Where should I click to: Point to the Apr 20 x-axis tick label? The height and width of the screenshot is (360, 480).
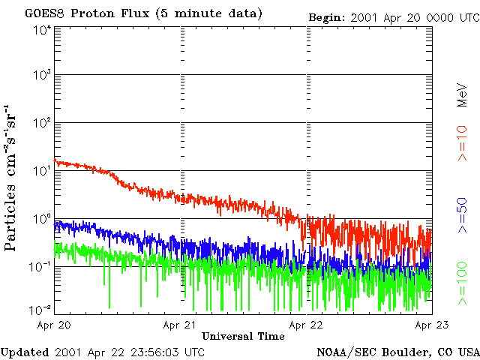pyautogui.click(x=55, y=325)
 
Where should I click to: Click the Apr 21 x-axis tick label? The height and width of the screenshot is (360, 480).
pyautogui.click(x=181, y=325)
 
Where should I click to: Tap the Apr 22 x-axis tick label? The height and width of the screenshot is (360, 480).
pyautogui.click(x=307, y=325)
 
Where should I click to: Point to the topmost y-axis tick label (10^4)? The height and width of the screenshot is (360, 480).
pyautogui.click(x=41, y=30)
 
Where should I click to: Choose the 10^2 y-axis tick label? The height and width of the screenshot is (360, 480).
pyautogui.click(x=41, y=124)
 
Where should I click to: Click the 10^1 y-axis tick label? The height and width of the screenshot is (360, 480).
pyautogui.click(x=41, y=172)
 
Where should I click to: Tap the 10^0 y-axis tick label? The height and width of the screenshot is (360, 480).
pyautogui.click(x=41, y=220)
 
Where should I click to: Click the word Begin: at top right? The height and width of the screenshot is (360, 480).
pyautogui.click(x=327, y=16)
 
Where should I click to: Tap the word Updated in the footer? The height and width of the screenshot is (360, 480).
pyautogui.click(x=25, y=352)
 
